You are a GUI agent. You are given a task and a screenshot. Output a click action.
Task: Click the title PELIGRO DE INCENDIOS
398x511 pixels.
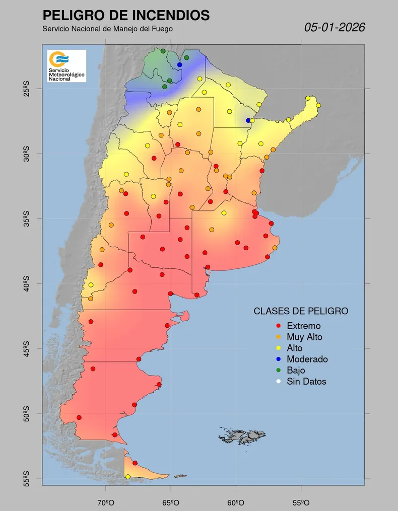[x=126, y=15]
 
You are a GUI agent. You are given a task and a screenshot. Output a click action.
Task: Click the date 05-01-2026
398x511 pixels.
[x=335, y=27]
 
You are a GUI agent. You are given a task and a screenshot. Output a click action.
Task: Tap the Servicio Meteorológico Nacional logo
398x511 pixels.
[x=67, y=66]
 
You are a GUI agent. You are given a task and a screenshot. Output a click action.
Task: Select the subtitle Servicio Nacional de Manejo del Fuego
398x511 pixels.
[x=108, y=29]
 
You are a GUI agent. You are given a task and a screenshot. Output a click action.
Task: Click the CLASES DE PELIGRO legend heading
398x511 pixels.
[x=301, y=311]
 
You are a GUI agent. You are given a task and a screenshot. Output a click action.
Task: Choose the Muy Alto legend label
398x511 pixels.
[x=304, y=337]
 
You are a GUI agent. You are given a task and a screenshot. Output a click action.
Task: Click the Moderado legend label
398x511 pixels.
[x=307, y=359]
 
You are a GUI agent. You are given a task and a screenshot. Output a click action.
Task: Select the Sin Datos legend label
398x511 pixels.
[x=306, y=381]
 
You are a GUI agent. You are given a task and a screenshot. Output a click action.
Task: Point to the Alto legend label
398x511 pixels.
[x=294, y=348]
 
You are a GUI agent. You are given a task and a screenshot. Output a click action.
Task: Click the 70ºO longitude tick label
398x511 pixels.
[x=106, y=502]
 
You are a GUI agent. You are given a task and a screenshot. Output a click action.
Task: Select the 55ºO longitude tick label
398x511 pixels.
[x=301, y=502]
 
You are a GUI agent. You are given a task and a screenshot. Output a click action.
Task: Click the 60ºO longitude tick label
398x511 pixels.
[x=236, y=502]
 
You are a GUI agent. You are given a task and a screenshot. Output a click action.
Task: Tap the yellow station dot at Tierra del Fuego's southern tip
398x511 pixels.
[x=127, y=477]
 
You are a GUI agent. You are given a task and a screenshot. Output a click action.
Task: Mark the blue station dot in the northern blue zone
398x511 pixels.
[x=179, y=64]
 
